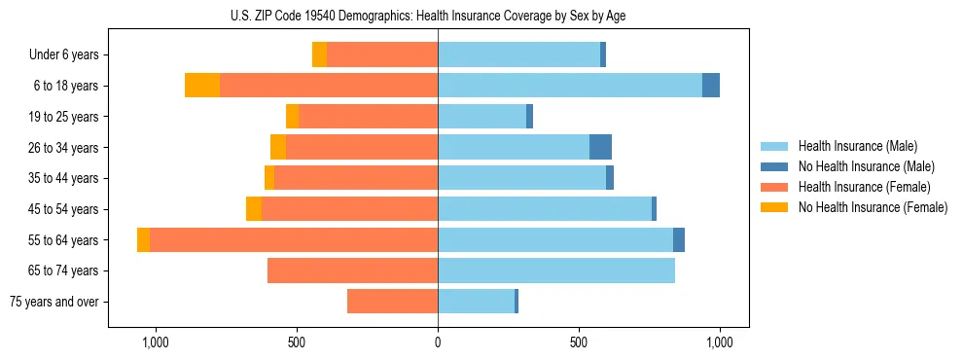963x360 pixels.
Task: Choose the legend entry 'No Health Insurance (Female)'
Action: [873, 207]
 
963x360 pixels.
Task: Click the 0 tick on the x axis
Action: [438, 343]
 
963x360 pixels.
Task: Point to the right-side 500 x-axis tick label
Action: [579, 343]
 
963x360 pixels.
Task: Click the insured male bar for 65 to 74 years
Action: [556, 270]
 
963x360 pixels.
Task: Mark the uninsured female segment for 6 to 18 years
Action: [202, 86]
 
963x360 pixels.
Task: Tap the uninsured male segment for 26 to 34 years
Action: [600, 147]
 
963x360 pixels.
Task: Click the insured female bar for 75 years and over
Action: [392, 302]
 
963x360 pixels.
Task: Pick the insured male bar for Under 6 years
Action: [518, 54]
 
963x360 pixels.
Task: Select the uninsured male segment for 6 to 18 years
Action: [711, 86]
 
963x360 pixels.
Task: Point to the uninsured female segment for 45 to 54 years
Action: [254, 209]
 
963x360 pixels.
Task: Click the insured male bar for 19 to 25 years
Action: [481, 117]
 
